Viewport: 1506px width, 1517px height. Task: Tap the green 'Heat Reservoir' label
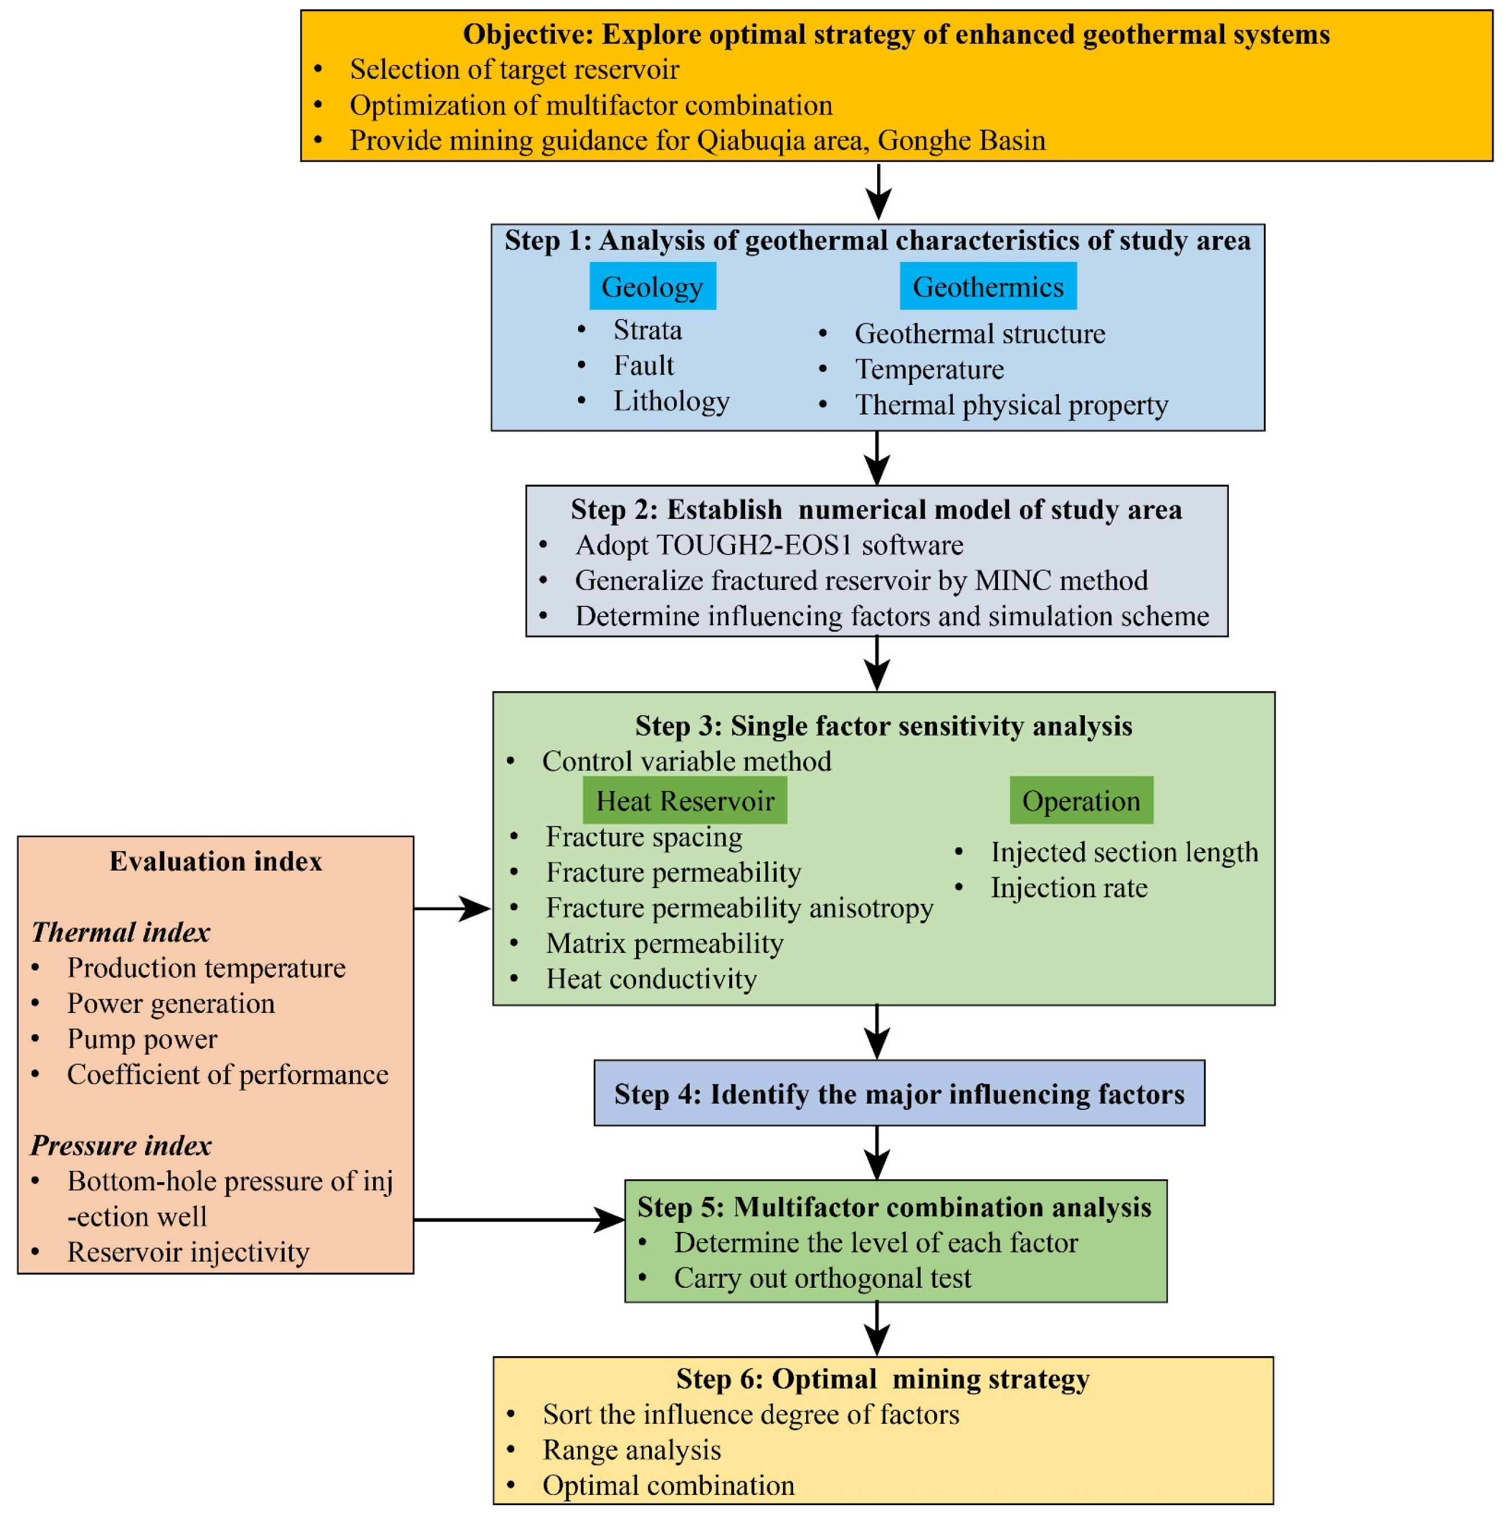pyautogui.click(x=684, y=800)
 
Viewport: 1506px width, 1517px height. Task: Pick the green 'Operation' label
pyautogui.click(x=1080, y=800)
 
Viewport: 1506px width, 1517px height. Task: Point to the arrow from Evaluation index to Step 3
pyautogui.click(x=452, y=908)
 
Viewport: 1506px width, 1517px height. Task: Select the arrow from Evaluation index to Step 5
pyautogui.click(x=518, y=1219)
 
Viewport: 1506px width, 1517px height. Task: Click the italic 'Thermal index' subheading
pyautogui.click(x=120, y=932)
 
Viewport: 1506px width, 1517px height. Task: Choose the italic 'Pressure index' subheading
pyautogui.click(x=121, y=1146)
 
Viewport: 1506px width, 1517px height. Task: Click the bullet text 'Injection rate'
pyautogui.click(x=1068, y=888)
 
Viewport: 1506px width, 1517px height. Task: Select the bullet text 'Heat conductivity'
pyautogui.click(x=651, y=978)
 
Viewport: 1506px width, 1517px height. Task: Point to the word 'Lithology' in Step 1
pyautogui.click(x=671, y=400)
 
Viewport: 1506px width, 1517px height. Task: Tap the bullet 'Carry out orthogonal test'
pyautogui.click(x=821, y=1278)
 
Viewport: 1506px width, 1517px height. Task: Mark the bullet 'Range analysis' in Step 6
pyautogui.click(x=631, y=1449)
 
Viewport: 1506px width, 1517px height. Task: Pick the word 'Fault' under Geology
pyautogui.click(x=643, y=365)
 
